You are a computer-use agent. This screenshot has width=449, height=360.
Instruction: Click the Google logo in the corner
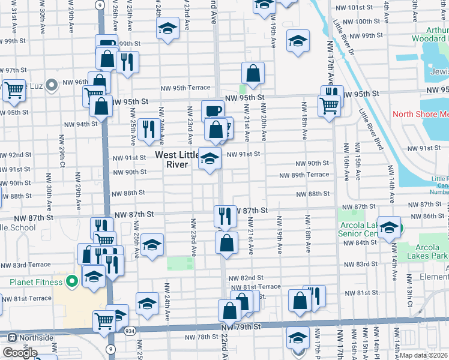pyautogui.click(x=20, y=353)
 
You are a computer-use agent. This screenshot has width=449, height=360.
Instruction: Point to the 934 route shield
pyautogui.click(x=130, y=331)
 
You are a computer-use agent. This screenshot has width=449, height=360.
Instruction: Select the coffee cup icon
pyautogui.click(x=212, y=111)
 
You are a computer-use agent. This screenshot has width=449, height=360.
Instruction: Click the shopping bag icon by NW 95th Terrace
pyautogui.click(x=253, y=73)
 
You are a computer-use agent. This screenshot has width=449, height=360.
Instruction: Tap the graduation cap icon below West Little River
pyautogui.click(x=209, y=159)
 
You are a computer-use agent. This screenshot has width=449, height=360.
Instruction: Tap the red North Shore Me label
pyautogui.click(x=420, y=114)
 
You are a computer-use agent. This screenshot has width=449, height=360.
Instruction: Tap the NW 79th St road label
pyautogui.click(x=241, y=327)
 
